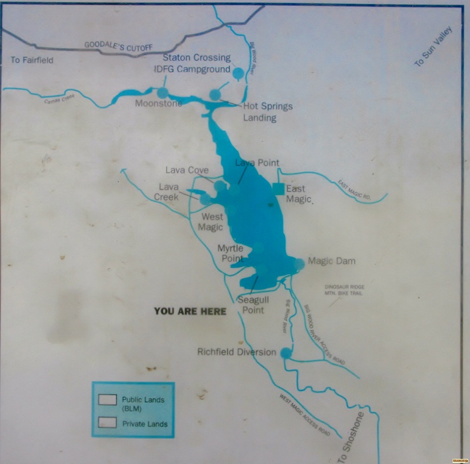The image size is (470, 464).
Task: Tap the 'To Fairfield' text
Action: (32, 60)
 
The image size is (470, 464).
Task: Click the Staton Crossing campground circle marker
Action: (238, 74)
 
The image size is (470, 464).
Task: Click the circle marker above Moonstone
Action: (162, 92)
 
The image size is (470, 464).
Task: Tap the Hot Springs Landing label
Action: (268, 112)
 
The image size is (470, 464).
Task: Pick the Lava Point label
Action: (257, 163)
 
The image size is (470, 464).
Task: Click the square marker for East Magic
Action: (278, 188)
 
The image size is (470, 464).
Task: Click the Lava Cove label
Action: (187, 171)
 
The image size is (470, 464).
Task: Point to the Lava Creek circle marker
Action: (205, 199)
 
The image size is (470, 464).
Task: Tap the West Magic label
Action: (211, 222)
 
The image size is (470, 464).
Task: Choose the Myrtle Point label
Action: (231, 253)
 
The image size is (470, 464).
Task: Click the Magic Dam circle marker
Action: (299, 264)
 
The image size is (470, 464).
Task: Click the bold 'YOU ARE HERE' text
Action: (190, 311)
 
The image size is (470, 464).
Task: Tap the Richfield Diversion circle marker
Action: (286, 353)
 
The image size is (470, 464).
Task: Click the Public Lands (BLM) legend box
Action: (107, 400)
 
